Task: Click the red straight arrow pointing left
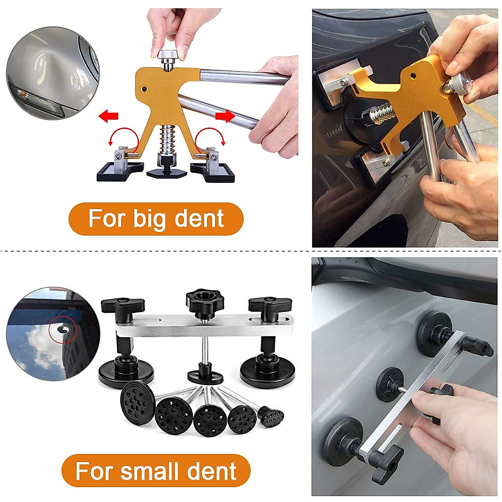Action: [x=108, y=115]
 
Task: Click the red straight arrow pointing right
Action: [x=225, y=116]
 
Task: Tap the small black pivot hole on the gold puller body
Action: [x=144, y=89]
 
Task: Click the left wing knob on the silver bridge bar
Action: [x=122, y=304]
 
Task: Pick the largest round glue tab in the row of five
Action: [x=136, y=402]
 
